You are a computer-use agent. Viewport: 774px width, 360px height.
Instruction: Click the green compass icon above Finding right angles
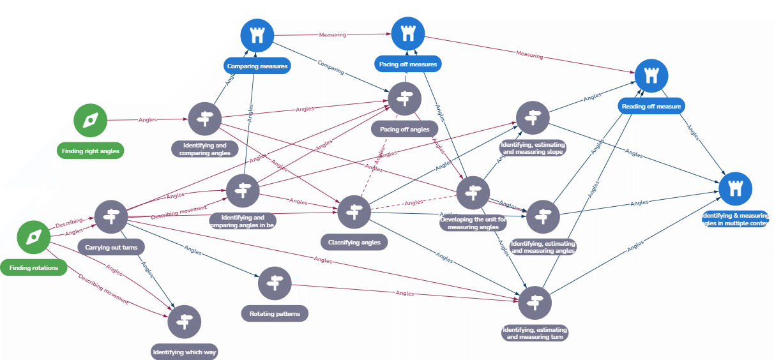coord(90,120)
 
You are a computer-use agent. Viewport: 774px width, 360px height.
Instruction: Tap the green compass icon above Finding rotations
coord(33,237)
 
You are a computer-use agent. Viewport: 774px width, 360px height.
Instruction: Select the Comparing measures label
coord(257,65)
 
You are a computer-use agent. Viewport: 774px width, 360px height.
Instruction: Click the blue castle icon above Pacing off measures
coord(408,34)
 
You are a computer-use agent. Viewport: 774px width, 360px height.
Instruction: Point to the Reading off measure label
coord(651,106)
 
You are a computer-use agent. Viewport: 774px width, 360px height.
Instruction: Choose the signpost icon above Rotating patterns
coord(275,283)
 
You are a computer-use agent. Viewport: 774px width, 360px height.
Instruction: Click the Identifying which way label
coord(185,352)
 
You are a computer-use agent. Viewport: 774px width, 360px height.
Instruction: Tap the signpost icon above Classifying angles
coord(354,212)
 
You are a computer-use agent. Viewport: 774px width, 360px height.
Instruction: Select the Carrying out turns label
coord(111,246)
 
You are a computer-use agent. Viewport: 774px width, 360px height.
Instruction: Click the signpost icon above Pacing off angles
coord(404,98)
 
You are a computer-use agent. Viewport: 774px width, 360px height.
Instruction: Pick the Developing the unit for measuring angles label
coord(473,223)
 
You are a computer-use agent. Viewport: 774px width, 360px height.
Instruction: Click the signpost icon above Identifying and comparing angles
coord(205,118)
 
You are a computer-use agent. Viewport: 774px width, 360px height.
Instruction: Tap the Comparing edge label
coord(330,67)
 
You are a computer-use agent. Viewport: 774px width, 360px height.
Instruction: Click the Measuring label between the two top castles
coord(332,35)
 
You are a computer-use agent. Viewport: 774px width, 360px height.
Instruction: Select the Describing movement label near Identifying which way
coord(103,289)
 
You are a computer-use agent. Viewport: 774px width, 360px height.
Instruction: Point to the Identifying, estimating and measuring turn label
coord(535,333)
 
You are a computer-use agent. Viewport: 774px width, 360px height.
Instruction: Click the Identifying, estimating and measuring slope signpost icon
coord(533,117)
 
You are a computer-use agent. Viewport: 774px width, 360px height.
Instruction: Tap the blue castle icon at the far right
coord(736,188)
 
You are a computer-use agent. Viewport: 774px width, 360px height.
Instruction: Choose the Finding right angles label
coord(90,151)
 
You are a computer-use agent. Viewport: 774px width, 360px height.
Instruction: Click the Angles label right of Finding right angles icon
coord(148,119)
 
